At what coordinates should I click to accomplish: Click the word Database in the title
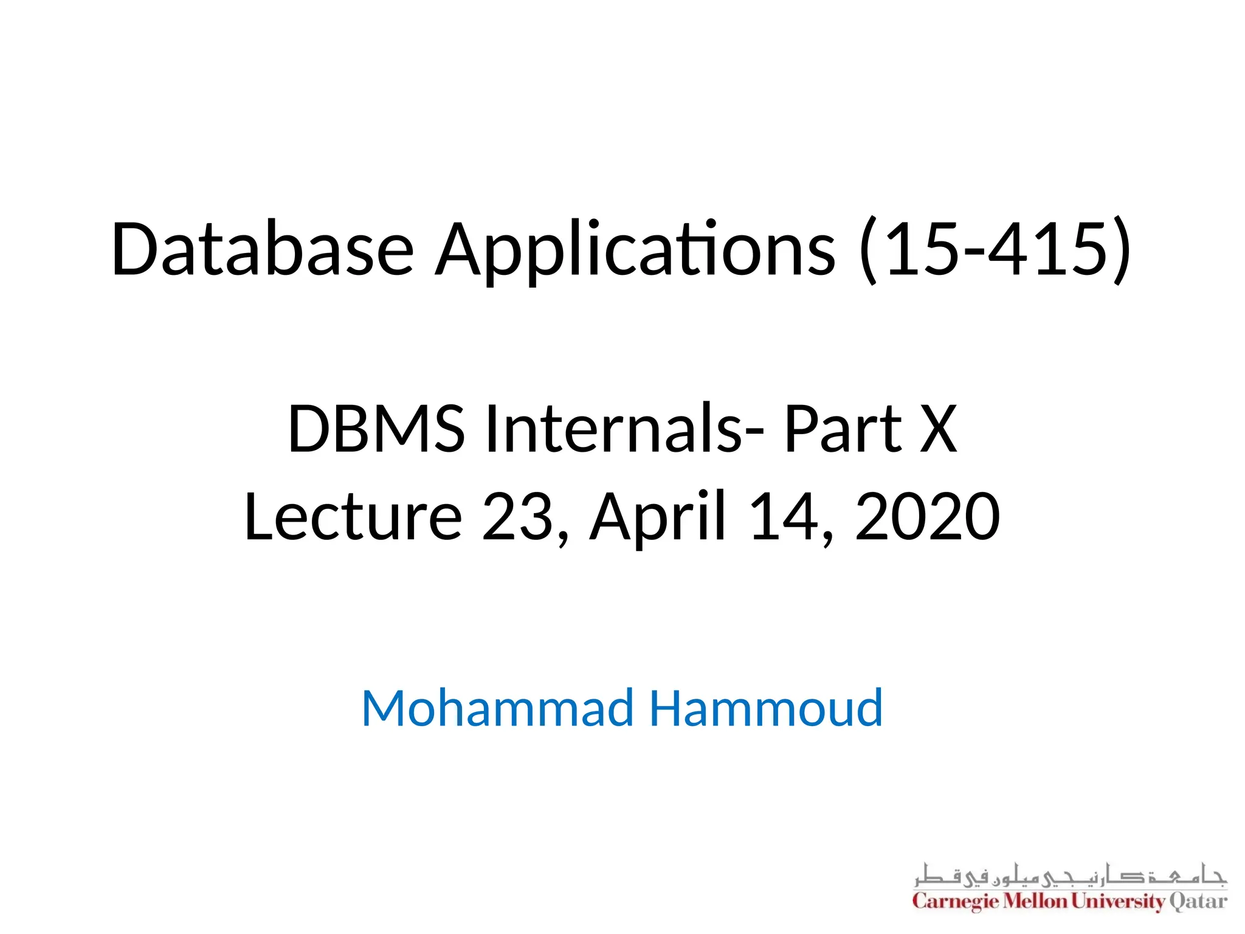262,249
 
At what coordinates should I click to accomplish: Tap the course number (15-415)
996,249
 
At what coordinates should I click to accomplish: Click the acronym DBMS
376,429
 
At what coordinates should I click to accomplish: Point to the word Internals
614,429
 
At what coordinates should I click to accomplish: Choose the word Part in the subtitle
843,429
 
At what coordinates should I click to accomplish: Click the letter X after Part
938,429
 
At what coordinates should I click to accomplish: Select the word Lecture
353,517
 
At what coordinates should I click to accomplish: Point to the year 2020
927,517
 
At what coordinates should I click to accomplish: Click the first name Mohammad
497,708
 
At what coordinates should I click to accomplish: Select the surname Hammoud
766,708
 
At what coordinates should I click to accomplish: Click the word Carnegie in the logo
956,901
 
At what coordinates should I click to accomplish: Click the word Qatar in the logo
1198,901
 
